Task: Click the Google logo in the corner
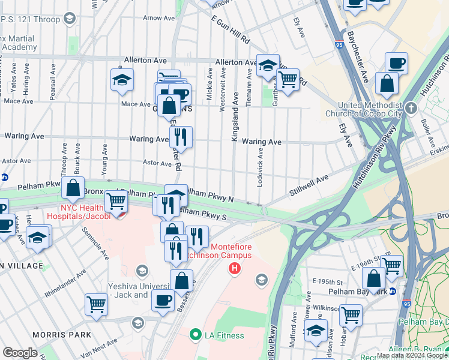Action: point(20,353)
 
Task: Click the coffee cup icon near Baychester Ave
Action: point(396,63)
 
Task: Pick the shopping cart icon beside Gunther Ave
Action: point(288,79)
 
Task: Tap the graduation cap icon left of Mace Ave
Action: point(122,79)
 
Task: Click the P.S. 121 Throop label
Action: point(30,19)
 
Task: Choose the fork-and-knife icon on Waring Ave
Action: point(181,137)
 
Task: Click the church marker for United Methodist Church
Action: point(411,108)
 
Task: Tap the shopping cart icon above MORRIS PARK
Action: point(96,304)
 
